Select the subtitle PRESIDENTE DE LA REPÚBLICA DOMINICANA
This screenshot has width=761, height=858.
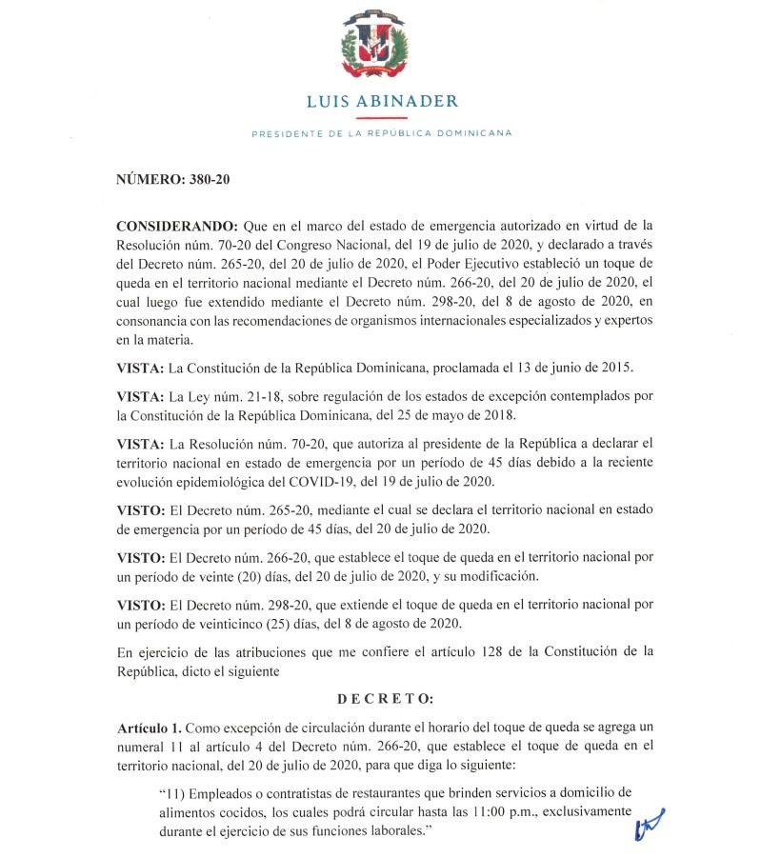click(x=380, y=133)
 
